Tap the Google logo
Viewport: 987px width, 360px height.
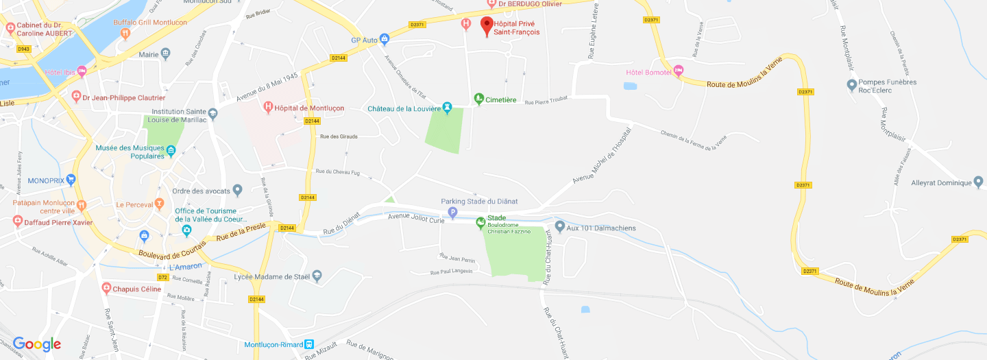(x=37, y=344)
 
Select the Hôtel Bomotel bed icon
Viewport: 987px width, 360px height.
(x=679, y=70)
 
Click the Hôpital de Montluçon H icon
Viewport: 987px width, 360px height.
(x=269, y=107)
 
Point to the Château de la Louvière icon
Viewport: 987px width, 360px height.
(x=447, y=108)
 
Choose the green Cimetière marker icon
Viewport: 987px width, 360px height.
(x=479, y=99)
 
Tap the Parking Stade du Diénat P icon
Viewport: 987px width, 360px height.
(x=452, y=213)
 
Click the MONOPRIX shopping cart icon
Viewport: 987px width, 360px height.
(x=71, y=180)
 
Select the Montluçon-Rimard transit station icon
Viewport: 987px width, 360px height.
(x=309, y=344)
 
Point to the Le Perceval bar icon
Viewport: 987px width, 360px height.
(x=159, y=204)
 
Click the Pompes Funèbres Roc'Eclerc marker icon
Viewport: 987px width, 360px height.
(x=852, y=85)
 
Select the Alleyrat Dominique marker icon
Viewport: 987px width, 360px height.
(x=978, y=182)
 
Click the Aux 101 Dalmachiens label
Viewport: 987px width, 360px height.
(x=601, y=228)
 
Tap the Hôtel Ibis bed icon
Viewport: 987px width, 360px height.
(x=82, y=71)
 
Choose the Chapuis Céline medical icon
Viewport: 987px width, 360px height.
(x=106, y=288)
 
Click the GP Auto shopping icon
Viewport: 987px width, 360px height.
(x=385, y=39)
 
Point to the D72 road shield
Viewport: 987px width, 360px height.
(x=162, y=277)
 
